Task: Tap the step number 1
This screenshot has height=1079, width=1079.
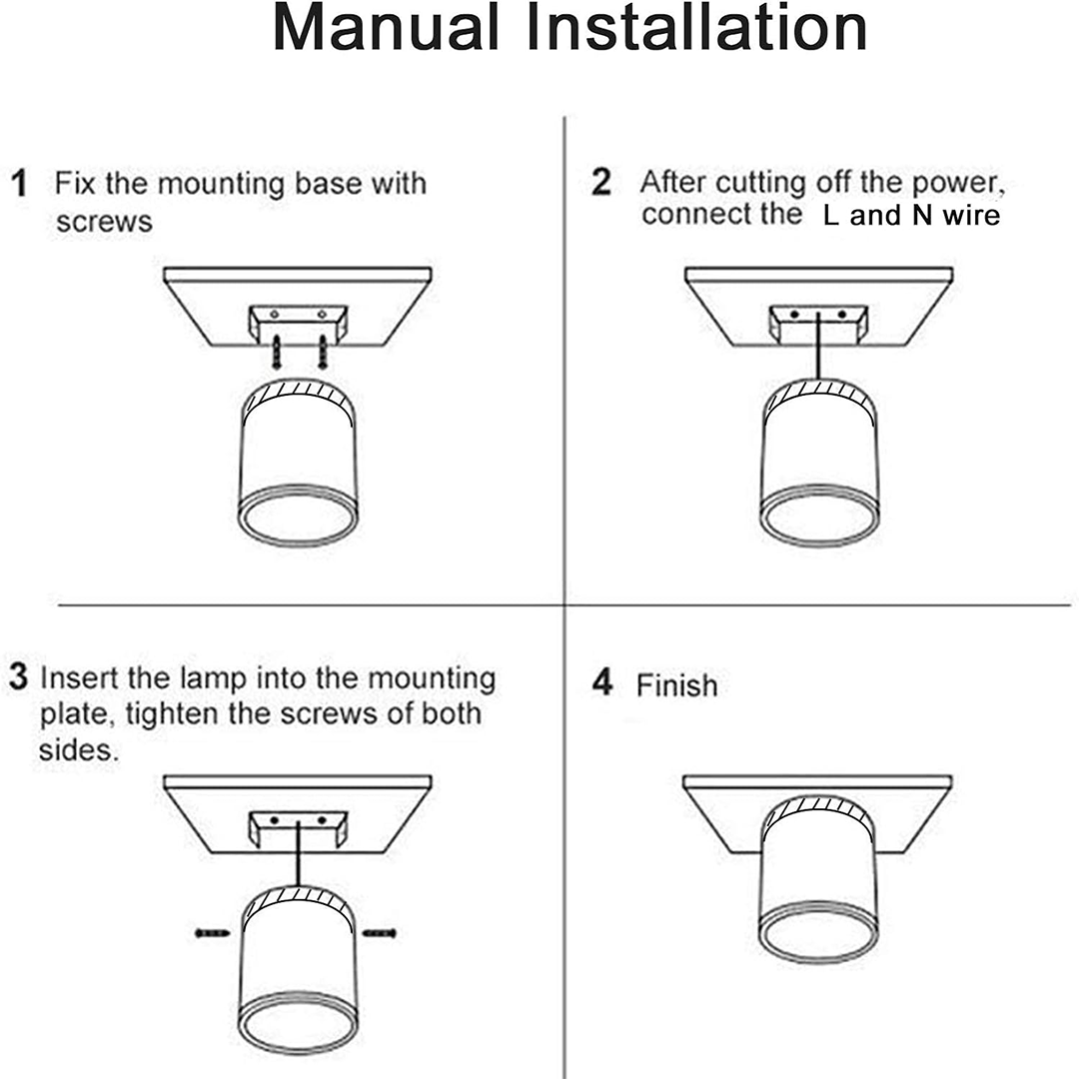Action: tap(19, 184)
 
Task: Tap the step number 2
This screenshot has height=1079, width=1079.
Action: tap(600, 183)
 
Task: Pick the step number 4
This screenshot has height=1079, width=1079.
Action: tap(601, 683)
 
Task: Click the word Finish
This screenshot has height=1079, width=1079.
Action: tap(676, 686)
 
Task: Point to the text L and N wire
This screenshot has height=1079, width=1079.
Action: tap(910, 216)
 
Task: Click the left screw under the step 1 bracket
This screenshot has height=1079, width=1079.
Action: tap(276, 352)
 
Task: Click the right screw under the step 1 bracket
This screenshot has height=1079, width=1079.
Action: tap(323, 352)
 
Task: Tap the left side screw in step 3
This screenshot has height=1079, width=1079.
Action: tap(213, 933)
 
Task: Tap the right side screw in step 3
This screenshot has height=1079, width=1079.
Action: tap(380, 933)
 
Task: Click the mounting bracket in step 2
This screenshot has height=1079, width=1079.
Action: tap(818, 322)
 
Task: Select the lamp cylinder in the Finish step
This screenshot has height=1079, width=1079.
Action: tap(818, 869)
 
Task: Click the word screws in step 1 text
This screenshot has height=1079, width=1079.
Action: tap(104, 222)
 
